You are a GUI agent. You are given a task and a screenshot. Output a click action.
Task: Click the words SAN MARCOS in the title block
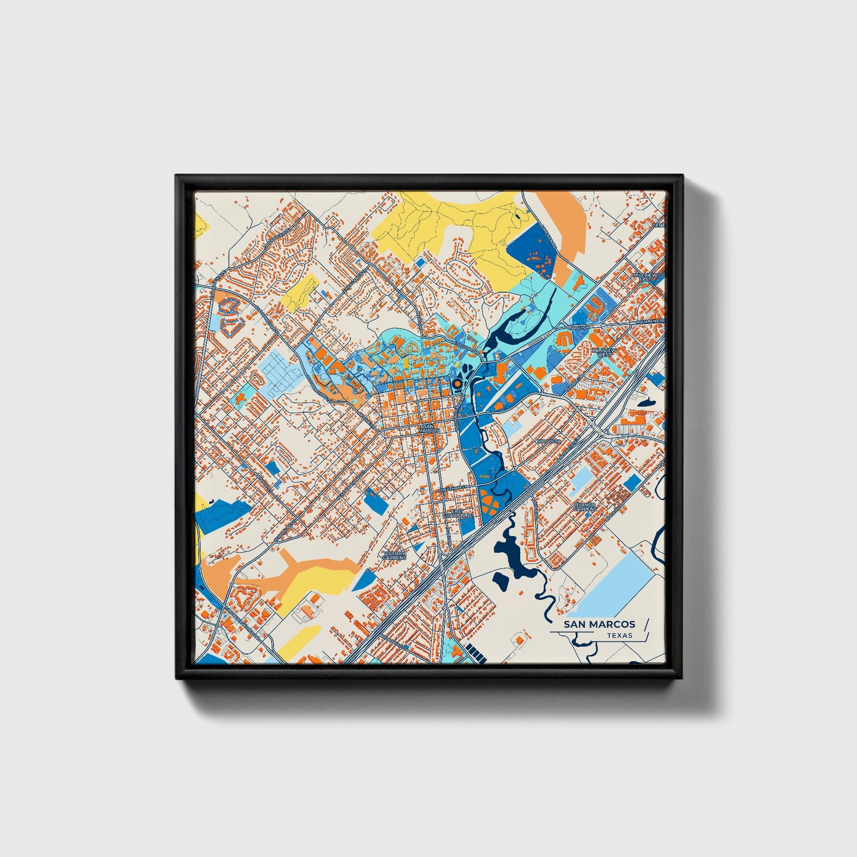[599, 624]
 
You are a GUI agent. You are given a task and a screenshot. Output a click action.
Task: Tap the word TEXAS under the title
[619, 636]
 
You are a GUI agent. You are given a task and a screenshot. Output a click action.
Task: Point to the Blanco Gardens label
[584, 506]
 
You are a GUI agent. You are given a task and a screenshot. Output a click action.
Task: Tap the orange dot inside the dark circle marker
[457, 384]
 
